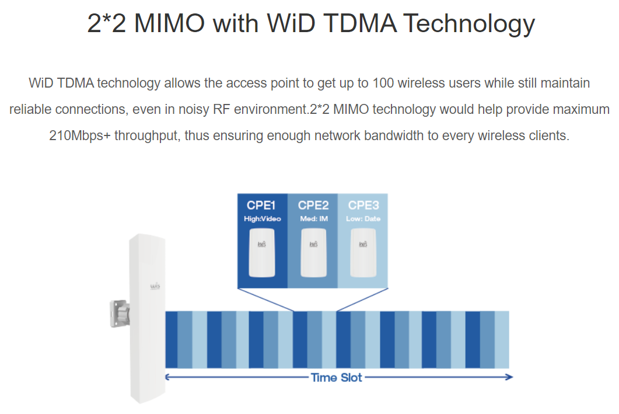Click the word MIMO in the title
pyautogui.click(x=169, y=23)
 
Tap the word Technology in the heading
pyautogui.click(x=468, y=24)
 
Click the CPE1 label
pyautogui.click(x=261, y=206)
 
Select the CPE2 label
pyautogui.click(x=313, y=206)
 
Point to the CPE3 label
pyautogui.click(x=363, y=206)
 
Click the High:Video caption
pyautogui.click(x=262, y=219)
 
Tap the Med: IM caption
pyautogui.click(x=314, y=219)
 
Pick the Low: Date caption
pyautogui.click(x=363, y=219)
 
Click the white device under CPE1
pyautogui.click(x=262, y=253)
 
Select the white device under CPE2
pyautogui.click(x=313, y=253)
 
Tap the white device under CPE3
pyautogui.click(x=363, y=253)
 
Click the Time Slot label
pyautogui.click(x=337, y=378)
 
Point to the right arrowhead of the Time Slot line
pyautogui.click(x=510, y=377)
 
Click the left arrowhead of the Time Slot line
pyautogui.click(x=167, y=377)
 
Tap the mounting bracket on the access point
pyautogui.click(x=120, y=314)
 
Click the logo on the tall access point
pyautogui.click(x=155, y=286)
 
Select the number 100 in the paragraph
pyautogui.click(x=383, y=83)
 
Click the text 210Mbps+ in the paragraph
pyautogui.click(x=80, y=136)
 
